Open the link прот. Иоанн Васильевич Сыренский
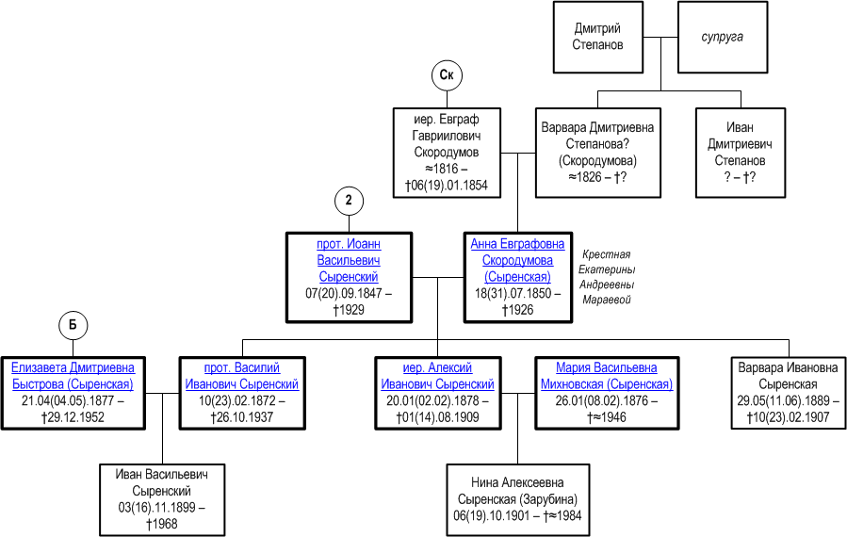(x=349, y=260)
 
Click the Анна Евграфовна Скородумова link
(x=517, y=260)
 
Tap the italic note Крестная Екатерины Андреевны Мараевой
(x=607, y=277)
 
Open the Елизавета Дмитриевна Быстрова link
(x=73, y=376)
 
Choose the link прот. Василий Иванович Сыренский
(x=242, y=376)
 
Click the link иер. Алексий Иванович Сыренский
(x=437, y=376)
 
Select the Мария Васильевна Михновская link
(x=607, y=376)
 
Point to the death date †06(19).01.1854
(x=447, y=186)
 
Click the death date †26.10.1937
(x=242, y=417)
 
